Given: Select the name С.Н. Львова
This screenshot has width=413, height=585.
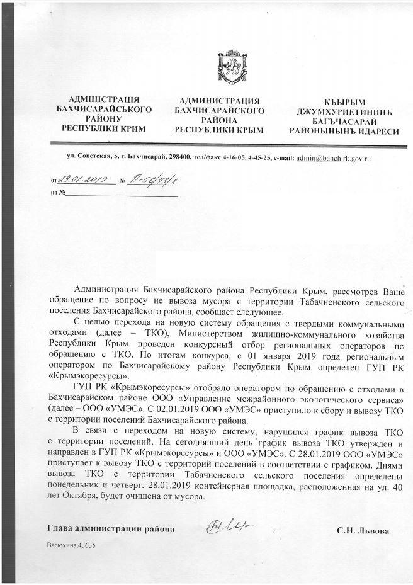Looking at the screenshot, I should (x=363, y=531).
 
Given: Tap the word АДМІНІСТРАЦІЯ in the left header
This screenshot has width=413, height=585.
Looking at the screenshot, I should (x=103, y=99).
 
